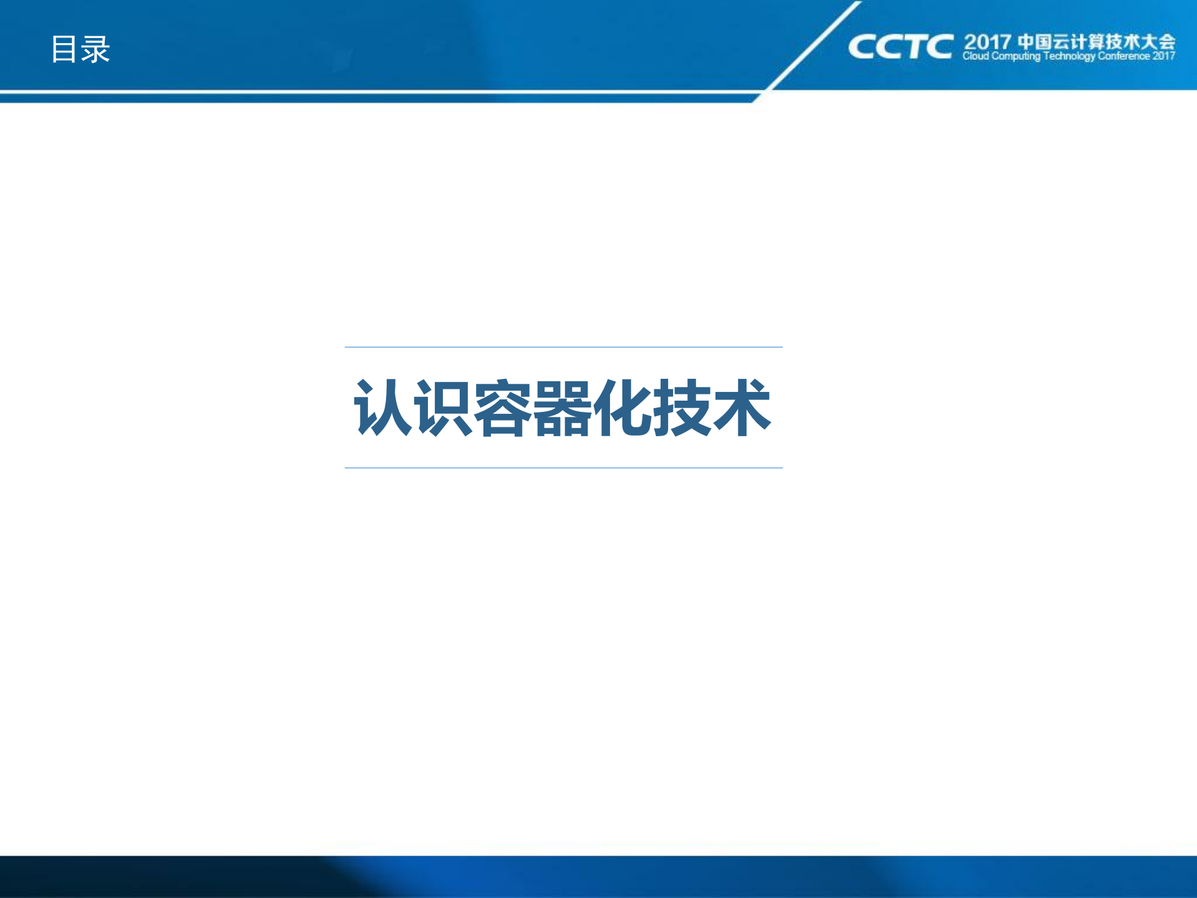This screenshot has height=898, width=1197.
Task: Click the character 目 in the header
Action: (64, 49)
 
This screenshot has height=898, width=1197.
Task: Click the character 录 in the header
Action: (95, 49)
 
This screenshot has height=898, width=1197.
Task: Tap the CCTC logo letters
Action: (900, 47)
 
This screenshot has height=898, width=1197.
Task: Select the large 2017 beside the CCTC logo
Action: (987, 42)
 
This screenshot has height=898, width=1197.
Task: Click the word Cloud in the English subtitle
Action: (976, 56)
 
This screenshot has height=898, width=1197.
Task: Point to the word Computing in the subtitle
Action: (1016, 56)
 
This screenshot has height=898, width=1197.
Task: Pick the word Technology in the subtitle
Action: (1069, 56)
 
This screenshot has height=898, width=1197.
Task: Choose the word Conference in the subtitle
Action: (1123, 56)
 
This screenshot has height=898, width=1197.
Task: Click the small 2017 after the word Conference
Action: (1164, 56)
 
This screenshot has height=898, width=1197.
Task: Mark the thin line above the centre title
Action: (563, 347)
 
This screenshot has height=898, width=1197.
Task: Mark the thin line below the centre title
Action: (563, 467)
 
